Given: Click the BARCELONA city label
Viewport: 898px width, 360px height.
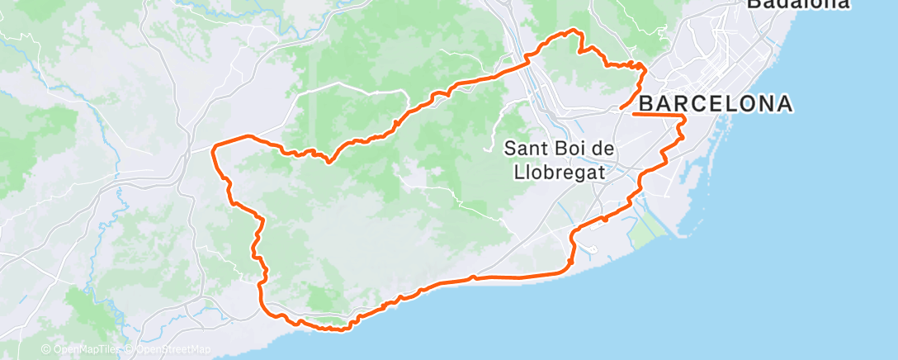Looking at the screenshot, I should tap(716, 104).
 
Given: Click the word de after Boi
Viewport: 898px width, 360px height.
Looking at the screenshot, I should tap(607, 149).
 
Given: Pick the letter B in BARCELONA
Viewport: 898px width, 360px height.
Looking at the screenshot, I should tap(648, 104).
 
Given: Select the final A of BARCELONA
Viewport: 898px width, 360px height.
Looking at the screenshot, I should tap(785, 104).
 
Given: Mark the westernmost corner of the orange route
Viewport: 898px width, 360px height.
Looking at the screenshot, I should tap(214, 148).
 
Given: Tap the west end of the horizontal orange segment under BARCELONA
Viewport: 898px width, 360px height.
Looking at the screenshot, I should tap(634, 115).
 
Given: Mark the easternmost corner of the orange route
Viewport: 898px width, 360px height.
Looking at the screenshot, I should tap(685, 121).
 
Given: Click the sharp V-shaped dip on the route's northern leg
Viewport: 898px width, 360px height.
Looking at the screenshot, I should tap(328, 162).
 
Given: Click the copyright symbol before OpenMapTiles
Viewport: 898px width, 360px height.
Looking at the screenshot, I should tap(45, 350).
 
